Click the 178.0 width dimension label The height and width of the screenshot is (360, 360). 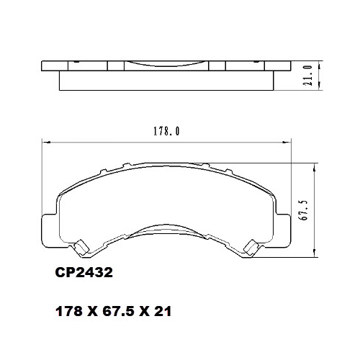[x=166, y=132]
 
